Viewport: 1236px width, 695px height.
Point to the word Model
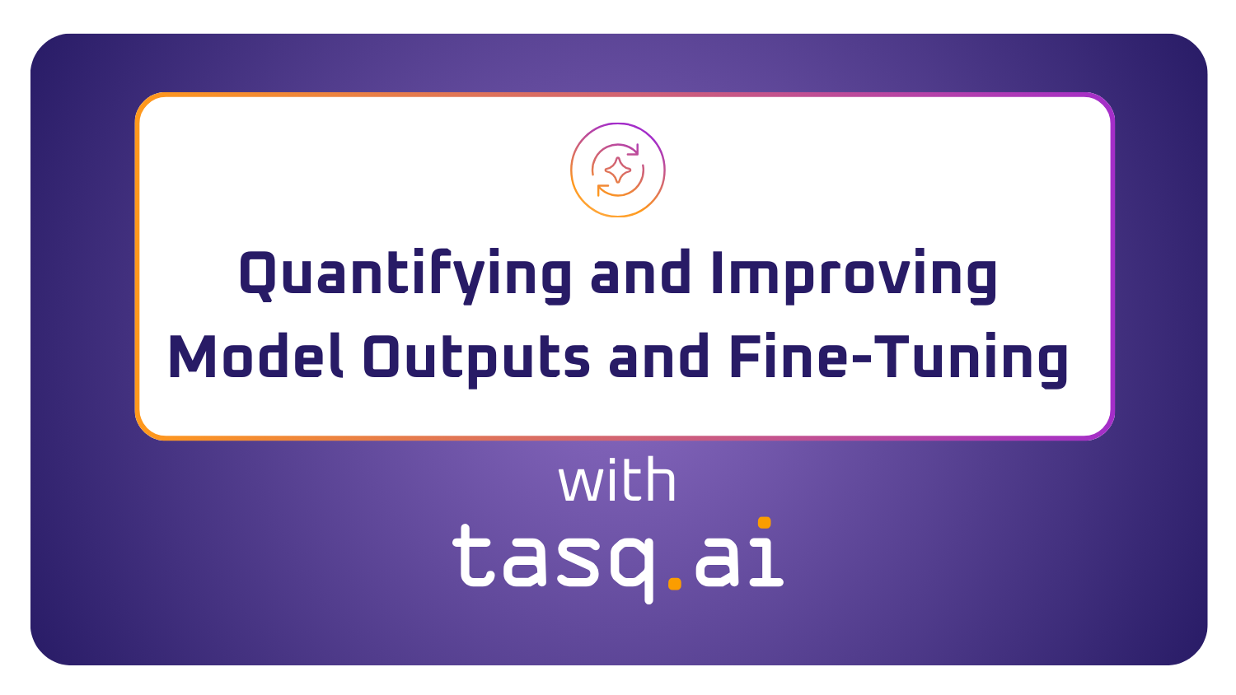(256, 357)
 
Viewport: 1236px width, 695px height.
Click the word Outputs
(476, 359)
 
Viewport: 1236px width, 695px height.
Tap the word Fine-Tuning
(898, 359)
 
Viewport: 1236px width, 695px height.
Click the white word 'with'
(617, 482)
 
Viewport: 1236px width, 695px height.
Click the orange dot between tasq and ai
(675, 583)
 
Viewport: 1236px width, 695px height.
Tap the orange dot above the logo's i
(764, 522)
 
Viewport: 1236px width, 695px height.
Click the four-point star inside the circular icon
(618, 170)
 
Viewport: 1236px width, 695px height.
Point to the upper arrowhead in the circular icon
(632, 151)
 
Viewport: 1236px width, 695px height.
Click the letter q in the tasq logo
(632, 564)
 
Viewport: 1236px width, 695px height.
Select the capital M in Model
(190, 357)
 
